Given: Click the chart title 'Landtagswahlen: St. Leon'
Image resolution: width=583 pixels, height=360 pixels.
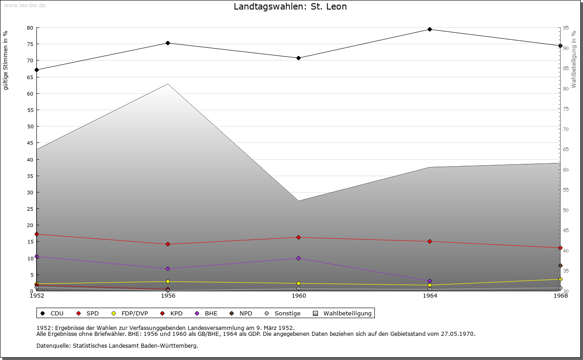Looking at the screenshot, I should tap(290, 7).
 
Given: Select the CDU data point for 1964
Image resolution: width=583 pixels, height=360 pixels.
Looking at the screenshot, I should tap(430, 30).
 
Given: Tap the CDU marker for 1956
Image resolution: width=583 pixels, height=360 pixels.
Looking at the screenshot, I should tap(168, 43).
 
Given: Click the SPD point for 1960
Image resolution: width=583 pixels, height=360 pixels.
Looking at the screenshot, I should tap(298, 238).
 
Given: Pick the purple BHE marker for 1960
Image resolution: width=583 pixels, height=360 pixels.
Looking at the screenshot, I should tap(298, 258).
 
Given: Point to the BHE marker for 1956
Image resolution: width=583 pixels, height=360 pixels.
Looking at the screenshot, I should tap(168, 269).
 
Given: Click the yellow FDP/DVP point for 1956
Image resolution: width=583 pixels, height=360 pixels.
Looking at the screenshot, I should tap(168, 281).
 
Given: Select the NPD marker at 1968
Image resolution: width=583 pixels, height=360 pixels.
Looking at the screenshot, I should tap(560, 265).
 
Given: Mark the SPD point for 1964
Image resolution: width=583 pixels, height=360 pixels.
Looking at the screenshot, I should tap(430, 242).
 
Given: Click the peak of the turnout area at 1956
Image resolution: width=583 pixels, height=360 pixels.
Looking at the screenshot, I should tap(168, 84).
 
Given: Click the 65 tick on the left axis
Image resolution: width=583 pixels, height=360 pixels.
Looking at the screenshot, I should tap(30, 77).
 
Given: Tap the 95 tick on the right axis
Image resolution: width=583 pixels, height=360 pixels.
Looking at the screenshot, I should tap(565, 28).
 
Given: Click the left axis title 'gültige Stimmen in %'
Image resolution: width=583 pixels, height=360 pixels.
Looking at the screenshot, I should tap(6, 60).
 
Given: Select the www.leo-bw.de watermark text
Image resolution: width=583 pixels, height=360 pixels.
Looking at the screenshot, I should tap(25, 5).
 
